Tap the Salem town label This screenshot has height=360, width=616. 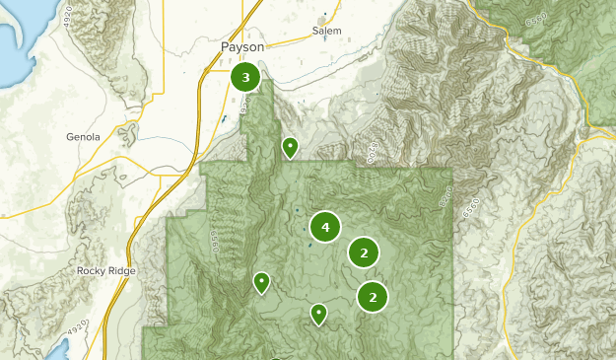(326, 31)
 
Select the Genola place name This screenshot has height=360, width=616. (83, 137)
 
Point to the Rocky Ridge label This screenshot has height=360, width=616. (106, 270)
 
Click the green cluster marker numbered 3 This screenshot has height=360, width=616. (245, 77)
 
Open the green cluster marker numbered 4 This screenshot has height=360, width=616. (324, 228)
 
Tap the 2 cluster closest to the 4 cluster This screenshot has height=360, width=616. (364, 253)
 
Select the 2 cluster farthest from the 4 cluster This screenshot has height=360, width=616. (372, 297)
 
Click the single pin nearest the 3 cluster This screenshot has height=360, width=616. (290, 148)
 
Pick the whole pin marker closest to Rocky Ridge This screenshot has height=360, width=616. (261, 283)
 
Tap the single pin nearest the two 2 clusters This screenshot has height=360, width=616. (318, 315)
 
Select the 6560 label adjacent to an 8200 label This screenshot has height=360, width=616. (445, 197)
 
